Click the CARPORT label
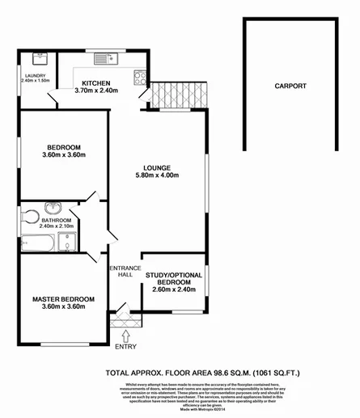point(289,86)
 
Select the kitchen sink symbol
point(103,58)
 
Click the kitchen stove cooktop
point(140,79)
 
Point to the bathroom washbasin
point(53,207)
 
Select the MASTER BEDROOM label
point(63,299)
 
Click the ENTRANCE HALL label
point(125,272)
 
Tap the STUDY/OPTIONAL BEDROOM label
point(173,280)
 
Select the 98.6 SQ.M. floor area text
point(199,374)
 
